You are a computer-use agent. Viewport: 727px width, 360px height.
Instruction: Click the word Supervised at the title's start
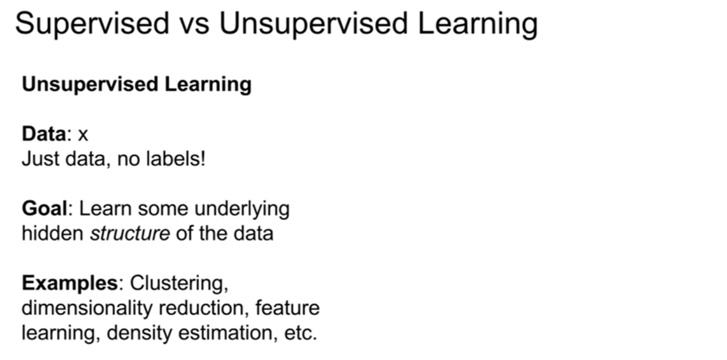point(92,24)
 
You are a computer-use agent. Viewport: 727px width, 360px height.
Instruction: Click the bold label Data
point(44,134)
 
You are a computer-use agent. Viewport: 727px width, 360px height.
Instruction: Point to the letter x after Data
point(83,135)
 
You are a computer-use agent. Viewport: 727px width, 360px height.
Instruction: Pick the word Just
point(41,159)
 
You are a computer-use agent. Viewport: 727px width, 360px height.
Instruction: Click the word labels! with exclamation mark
point(176,159)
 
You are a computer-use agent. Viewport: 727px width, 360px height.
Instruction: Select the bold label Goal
point(44,208)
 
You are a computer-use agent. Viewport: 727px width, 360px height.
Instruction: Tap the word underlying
point(242,210)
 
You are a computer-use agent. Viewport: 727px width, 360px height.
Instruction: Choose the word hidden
point(53,233)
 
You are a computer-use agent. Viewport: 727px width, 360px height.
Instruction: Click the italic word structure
point(130,234)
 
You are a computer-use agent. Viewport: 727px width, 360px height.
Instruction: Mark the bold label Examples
point(70,283)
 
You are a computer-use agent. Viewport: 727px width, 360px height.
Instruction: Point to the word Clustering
point(179,284)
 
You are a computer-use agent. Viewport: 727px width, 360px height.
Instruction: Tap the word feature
point(287,308)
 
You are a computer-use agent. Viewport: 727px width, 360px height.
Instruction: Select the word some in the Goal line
point(163,210)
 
